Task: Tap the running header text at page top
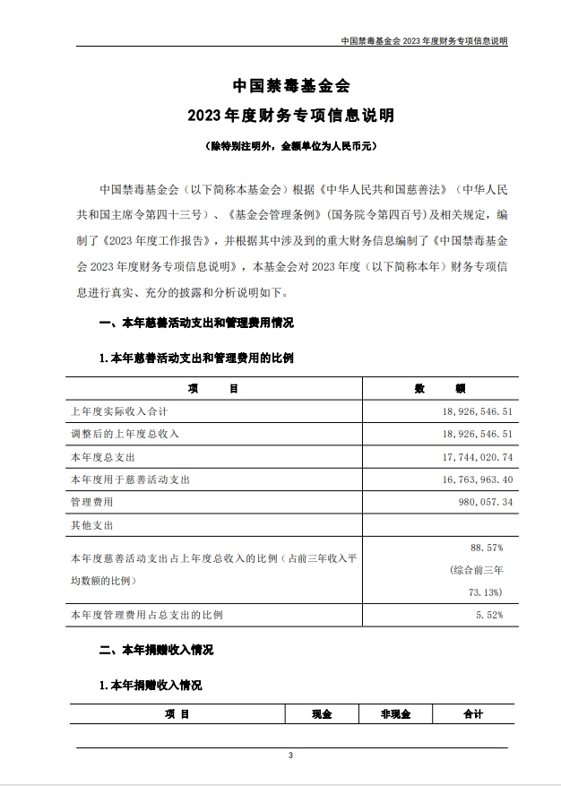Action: tap(425, 41)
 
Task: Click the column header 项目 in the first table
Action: tap(213, 388)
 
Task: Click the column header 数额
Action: tap(438, 388)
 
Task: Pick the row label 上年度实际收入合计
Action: tap(119, 411)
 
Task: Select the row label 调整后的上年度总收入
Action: tap(125, 434)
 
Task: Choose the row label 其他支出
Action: tap(92, 525)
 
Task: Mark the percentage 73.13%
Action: tap(488, 592)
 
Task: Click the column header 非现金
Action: tap(394, 714)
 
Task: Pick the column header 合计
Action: tap(473, 714)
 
